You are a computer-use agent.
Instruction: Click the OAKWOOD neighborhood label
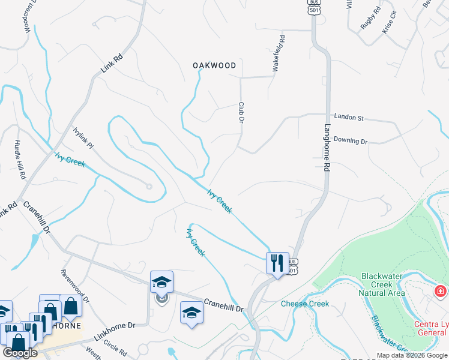(214, 65)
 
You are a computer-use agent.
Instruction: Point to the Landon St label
(349, 118)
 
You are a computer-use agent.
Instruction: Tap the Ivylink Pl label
(83, 138)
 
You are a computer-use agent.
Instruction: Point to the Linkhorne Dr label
(117, 325)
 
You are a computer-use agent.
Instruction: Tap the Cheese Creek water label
(305, 304)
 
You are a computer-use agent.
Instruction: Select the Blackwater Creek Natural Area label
(382, 284)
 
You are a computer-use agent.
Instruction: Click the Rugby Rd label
(370, 19)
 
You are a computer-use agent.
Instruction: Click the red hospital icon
(440, 292)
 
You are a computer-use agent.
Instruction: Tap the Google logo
(20, 352)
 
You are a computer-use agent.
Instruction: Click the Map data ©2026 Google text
(412, 355)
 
